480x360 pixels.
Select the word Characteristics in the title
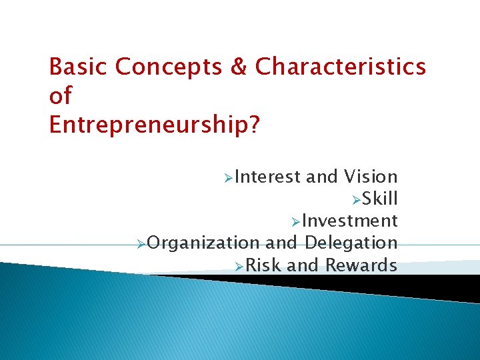pos(341,67)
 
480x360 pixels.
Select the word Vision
pos(371,177)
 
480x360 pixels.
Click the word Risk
pos(266,265)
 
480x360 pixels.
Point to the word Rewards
pos(361,265)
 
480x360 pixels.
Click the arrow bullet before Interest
pos(229,178)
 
